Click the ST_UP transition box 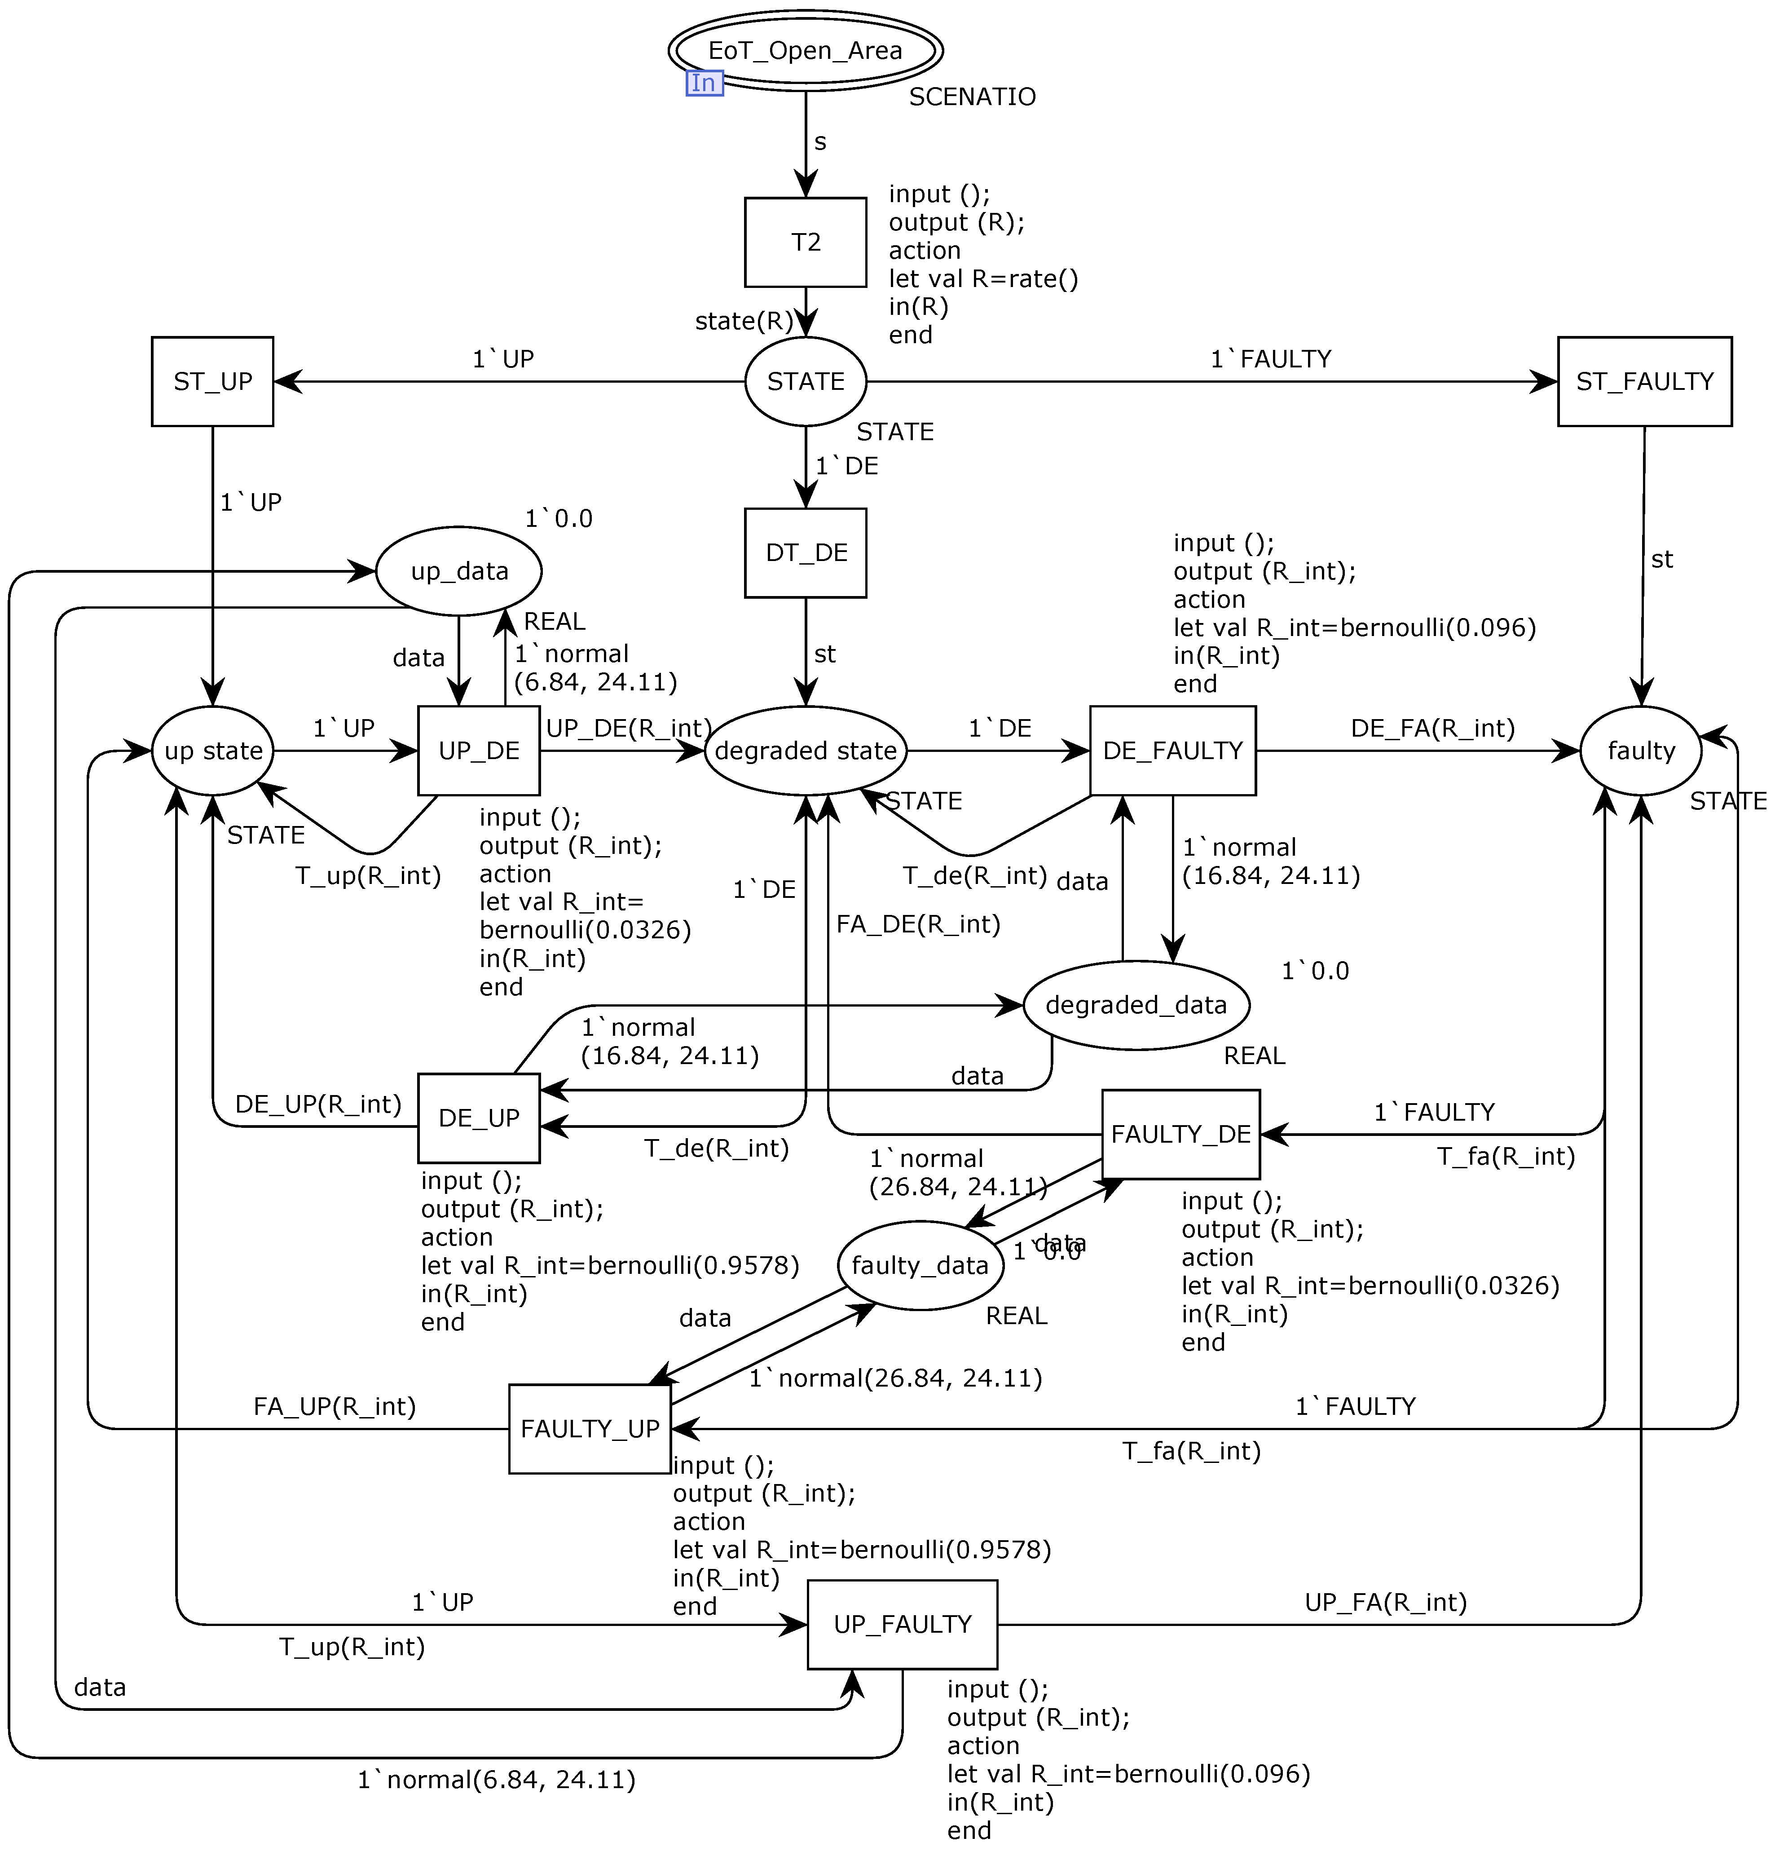(x=212, y=381)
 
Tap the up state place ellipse (x=212, y=751)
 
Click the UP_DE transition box (x=479, y=751)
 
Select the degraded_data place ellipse (x=1136, y=1005)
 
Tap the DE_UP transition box (x=479, y=1118)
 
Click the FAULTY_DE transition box (x=1180, y=1134)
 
